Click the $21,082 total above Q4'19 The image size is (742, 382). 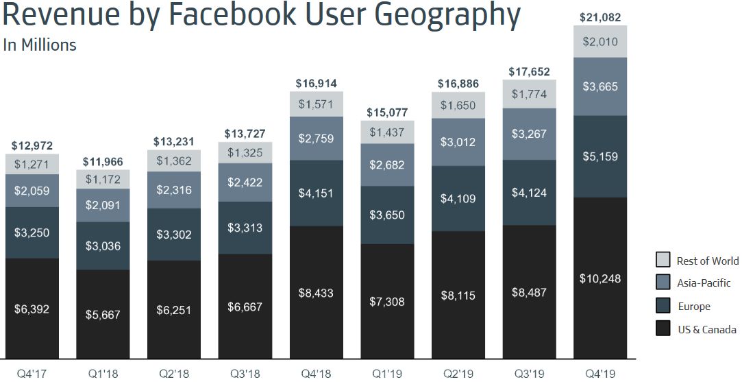coord(599,18)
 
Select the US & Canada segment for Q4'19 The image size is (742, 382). coord(599,277)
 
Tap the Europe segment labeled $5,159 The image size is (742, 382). coord(599,156)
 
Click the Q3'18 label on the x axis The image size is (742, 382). coord(245,374)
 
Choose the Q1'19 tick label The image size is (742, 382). coord(386,374)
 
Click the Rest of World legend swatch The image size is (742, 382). coord(663,260)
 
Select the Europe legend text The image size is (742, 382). coord(693,307)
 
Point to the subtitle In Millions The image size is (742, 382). coord(40,45)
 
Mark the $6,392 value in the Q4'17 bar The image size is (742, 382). coord(32,309)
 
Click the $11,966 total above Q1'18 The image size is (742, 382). coord(103,163)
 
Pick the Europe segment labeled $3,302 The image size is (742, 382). coord(174,234)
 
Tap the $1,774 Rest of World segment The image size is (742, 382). coord(529,94)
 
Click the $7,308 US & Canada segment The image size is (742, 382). coord(386,301)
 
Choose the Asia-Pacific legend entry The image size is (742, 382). coord(703,283)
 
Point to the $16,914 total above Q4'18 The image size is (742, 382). coord(316,83)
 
